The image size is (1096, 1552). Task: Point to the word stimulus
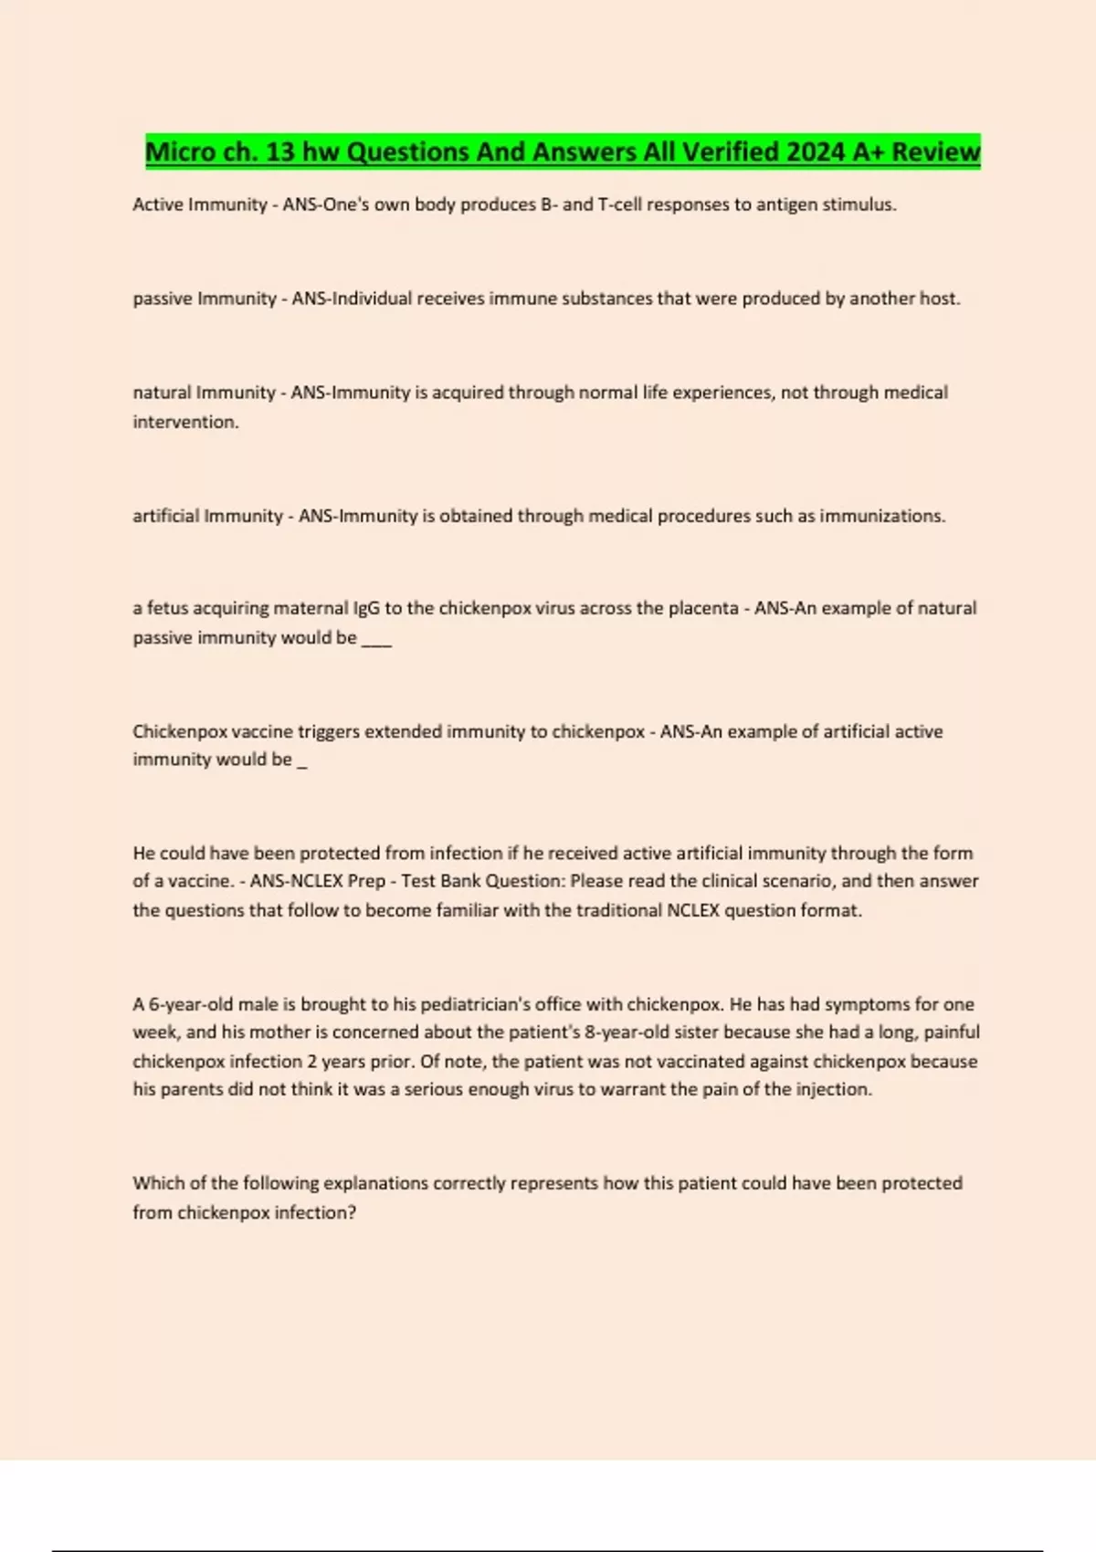[859, 204]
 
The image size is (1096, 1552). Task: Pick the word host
[938, 299]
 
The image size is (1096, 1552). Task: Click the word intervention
[185, 422]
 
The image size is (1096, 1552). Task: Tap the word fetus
[168, 608]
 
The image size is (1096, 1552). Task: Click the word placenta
[702, 608]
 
